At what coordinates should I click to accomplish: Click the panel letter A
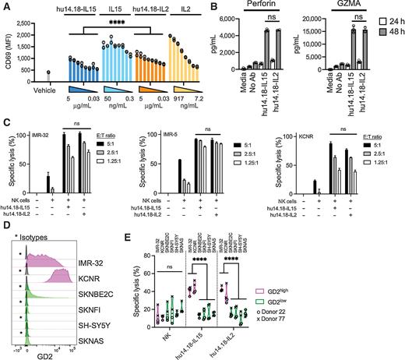(x=5, y=5)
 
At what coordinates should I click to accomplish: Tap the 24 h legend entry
(x=389, y=19)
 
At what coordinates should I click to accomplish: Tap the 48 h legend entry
(x=389, y=30)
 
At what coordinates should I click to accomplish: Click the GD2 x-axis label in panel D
(x=62, y=353)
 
